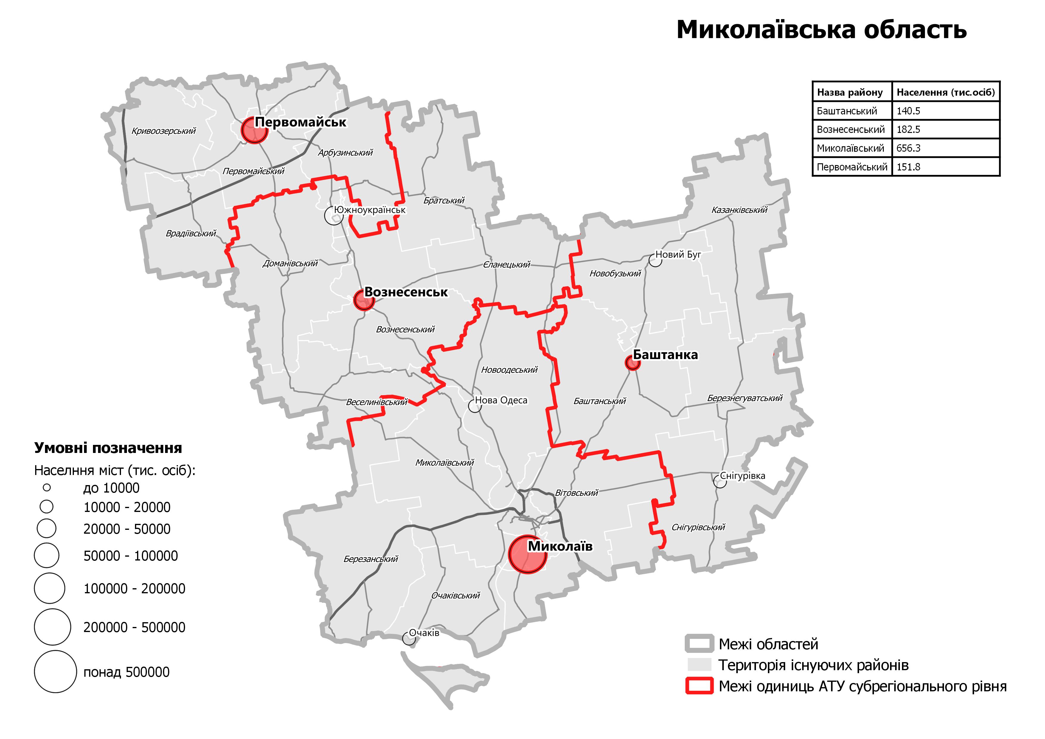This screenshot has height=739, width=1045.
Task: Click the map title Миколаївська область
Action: (822, 30)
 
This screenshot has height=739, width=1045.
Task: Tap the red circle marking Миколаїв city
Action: (527, 554)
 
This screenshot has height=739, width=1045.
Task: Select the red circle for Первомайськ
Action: (254, 130)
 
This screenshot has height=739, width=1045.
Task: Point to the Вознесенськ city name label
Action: (406, 292)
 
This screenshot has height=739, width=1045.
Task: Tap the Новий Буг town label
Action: (678, 254)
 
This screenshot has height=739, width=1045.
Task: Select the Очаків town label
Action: (424, 633)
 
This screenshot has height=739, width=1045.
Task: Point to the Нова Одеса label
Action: (501, 400)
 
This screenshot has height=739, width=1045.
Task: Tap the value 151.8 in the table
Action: (908, 167)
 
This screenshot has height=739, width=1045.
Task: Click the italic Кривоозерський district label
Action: (163, 131)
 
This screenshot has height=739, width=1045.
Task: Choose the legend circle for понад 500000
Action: (55, 672)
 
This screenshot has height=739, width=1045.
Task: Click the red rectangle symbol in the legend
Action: (699, 686)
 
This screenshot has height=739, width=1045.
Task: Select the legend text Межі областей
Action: (768, 644)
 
